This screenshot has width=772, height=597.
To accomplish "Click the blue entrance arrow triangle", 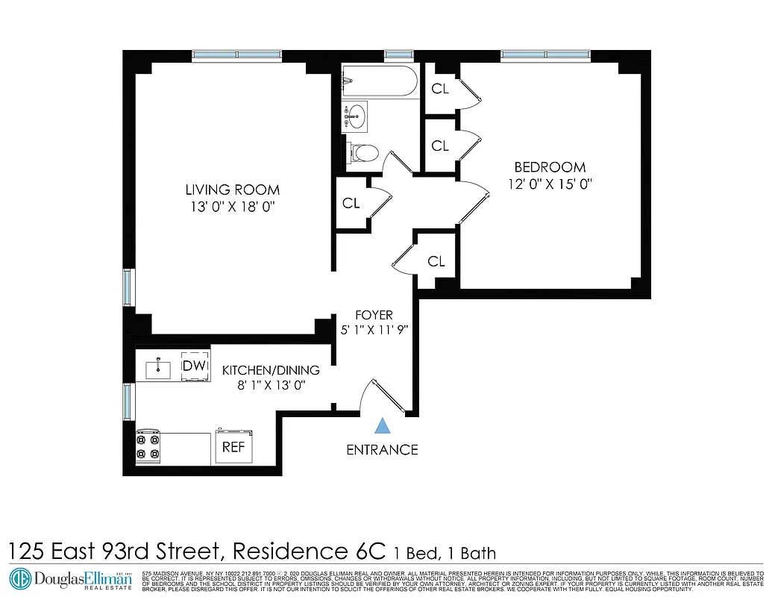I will (383, 425).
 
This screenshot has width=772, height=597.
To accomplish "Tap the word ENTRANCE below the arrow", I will (382, 450).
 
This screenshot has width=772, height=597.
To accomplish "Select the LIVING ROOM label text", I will (233, 190).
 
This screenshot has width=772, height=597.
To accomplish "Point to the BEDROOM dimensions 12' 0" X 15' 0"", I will (550, 184).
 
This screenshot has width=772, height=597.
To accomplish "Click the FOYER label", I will (374, 316).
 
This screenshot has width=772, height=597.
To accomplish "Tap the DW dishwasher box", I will (195, 365).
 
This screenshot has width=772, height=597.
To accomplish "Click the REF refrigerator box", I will (234, 446).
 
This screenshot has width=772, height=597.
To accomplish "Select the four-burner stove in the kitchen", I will (148, 446).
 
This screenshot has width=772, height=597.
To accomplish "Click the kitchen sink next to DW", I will (158, 367).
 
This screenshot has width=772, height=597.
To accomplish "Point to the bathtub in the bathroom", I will (380, 81).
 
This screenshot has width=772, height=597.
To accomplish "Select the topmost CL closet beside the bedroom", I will (440, 89).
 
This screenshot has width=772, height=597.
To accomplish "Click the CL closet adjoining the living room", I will (351, 203).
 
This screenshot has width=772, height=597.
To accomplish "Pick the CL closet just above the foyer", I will (436, 261).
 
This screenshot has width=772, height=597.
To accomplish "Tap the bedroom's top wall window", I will (545, 54).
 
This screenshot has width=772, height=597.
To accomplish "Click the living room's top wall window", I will (237, 54).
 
